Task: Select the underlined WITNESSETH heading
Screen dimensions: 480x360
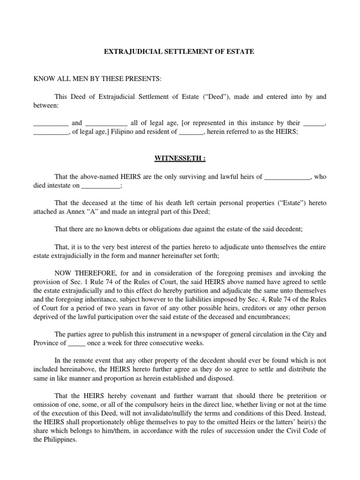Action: click(180, 158)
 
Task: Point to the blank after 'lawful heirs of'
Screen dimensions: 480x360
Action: click(287, 177)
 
